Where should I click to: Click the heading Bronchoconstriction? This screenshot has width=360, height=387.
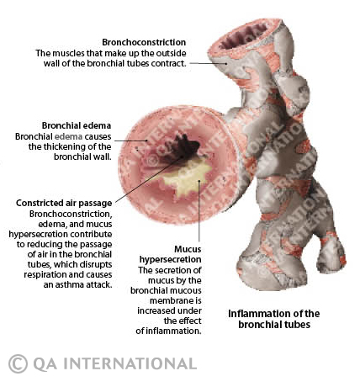pyautogui.click(x=144, y=42)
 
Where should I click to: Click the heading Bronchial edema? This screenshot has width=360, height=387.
pyautogui.click(x=77, y=125)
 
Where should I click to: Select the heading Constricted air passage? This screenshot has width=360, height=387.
pyautogui.click(x=64, y=203)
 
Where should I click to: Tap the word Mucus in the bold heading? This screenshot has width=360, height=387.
pyautogui.click(x=188, y=249)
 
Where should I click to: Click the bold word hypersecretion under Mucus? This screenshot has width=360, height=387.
pyautogui.click(x=171, y=259)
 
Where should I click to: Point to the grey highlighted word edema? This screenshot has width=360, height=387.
pyautogui.click(x=69, y=136)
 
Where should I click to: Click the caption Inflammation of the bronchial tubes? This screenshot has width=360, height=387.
pyautogui.click(x=274, y=319)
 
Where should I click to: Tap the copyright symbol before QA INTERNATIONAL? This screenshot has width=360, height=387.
pyautogui.click(x=18, y=363)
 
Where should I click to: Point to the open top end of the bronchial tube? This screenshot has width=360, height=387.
pyautogui.click(x=244, y=36)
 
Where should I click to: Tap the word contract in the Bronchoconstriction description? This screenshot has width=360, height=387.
pyautogui.click(x=168, y=63)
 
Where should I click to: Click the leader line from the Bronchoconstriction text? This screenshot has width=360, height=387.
pyautogui.click(x=208, y=63)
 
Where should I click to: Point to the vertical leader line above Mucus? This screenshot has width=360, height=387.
pyautogui.click(x=199, y=210)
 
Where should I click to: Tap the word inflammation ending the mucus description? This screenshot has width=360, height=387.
pyautogui.click(x=177, y=331)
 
